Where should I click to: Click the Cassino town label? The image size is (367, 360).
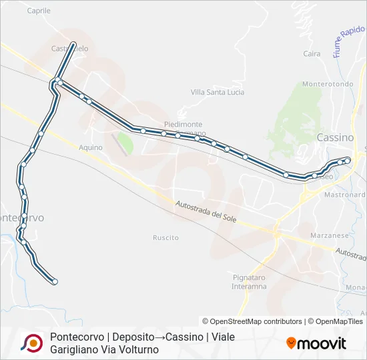click(x=335, y=137)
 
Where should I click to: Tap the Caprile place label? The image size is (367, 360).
click(x=39, y=11)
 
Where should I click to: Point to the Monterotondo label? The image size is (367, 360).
click(x=328, y=84)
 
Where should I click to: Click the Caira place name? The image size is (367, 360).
click(x=312, y=54)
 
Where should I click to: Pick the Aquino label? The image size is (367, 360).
click(x=90, y=147)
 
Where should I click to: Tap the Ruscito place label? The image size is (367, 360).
click(x=165, y=237)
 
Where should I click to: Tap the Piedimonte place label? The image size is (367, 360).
click(x=183, y=125)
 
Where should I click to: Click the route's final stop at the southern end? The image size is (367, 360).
click(x=55, y=282)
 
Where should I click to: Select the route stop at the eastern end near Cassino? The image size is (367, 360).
click(x=348, y=160)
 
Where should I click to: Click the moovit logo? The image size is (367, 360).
click(x=316, y=343)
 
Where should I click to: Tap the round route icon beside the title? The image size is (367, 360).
click(x=31, y=343)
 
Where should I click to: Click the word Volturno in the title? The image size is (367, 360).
click(x=138, y=349)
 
